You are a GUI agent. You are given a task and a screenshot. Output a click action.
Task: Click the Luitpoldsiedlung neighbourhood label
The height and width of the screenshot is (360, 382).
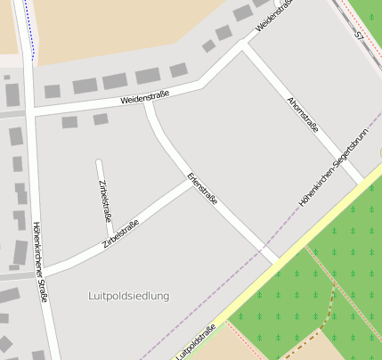[129, 295]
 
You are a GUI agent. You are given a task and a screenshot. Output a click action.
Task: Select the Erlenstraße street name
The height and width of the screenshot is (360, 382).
[202, 189]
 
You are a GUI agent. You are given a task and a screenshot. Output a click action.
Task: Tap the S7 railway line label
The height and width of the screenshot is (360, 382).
[359, 37]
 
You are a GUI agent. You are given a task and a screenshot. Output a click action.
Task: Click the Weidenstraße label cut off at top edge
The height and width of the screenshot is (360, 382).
[274, 16]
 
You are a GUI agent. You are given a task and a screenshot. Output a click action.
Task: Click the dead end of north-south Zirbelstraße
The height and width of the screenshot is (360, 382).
[98, 161]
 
